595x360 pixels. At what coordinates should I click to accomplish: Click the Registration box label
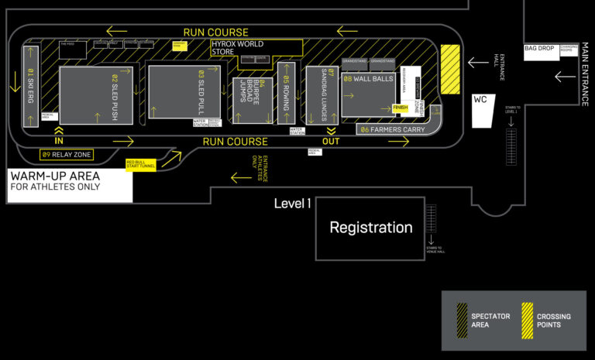coord(371,228)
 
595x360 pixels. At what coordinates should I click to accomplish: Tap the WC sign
coord(480,101)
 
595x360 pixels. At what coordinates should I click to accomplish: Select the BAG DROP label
coord(539,48)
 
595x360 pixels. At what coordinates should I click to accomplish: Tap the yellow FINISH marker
coord(401,108)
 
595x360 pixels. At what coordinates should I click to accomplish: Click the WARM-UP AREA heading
coord(53,176)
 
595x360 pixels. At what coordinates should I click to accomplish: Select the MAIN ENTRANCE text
coord(583,77)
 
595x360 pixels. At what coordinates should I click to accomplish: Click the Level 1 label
coord(293,204)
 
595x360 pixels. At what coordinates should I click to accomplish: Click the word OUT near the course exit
coord(332,141)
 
